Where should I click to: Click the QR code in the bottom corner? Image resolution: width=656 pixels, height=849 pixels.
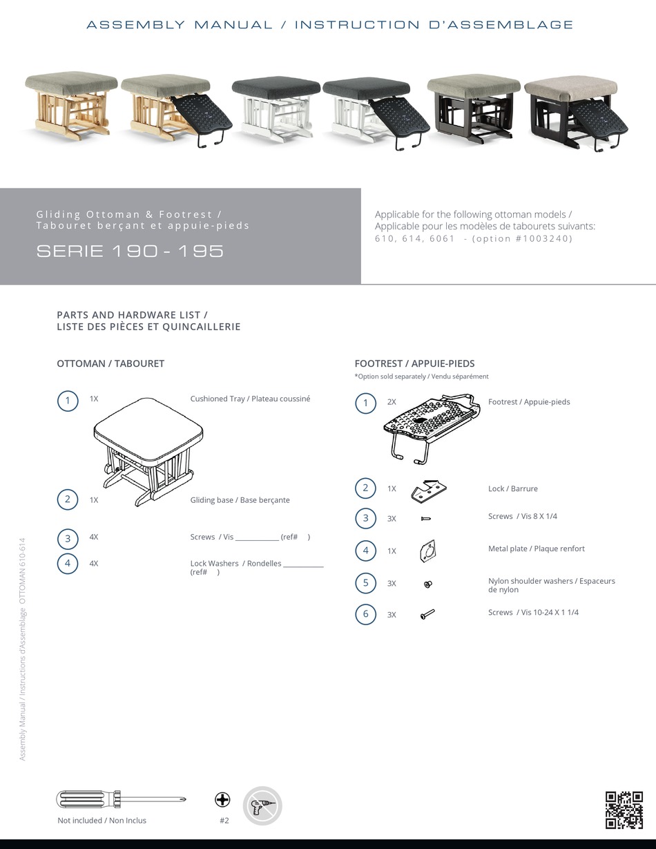pos(624,810)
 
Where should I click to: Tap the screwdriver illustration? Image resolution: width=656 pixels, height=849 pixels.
pos(121,799)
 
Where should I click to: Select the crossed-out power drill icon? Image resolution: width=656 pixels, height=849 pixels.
pos(262,805)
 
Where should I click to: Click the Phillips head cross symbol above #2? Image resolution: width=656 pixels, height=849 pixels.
pos(222,800)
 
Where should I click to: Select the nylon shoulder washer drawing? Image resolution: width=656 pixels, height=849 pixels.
pos(427,584)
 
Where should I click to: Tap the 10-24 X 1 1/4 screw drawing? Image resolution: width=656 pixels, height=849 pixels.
pos(427,613)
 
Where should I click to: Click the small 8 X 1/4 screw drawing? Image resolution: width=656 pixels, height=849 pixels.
pos(426,518)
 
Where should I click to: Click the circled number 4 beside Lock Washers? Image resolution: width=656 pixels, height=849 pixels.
pos(68,564)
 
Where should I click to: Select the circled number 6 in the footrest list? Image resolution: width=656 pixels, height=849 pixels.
pos(366,614)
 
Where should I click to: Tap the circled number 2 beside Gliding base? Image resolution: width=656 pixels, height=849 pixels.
pos(68,499)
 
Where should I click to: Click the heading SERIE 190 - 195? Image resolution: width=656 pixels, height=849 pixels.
pos(130,251)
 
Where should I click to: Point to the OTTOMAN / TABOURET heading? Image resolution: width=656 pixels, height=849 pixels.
pos(110,363)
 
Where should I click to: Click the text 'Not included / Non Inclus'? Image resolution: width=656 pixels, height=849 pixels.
pos(102,821)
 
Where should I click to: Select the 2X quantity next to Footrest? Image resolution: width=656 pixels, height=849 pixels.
pos(392,402)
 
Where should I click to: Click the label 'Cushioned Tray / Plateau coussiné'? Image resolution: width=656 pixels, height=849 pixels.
pos(250,399)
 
